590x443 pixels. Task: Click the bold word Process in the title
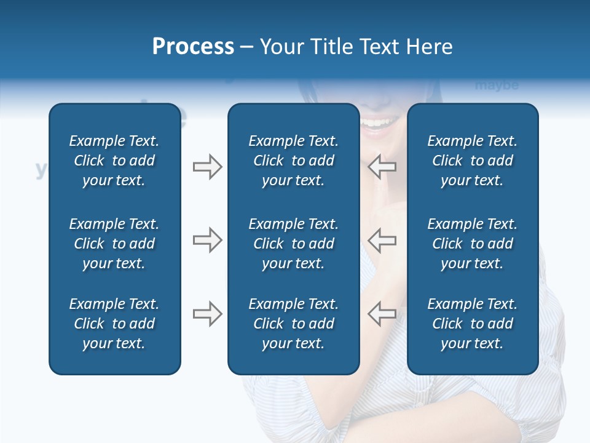tap(193, 47)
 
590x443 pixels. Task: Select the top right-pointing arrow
tap(207, 167)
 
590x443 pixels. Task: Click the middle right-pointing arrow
tap(207, 240)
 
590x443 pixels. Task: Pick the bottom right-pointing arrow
tap(207, 314)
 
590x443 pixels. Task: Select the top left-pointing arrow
tap(382, 167)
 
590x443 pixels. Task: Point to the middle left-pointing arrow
tap(382, 240)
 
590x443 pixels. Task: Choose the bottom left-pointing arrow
tap(382, 314)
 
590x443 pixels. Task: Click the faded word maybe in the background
tap(497, 86)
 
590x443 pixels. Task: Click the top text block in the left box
tap(114, 161)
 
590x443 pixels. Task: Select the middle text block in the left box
tap(114, 244)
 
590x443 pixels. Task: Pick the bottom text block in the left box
tap(114, 324)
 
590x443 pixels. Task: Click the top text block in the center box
tap(293, 161)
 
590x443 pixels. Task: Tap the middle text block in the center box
tap(293, 244)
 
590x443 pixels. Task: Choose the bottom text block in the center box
tap(293, 324)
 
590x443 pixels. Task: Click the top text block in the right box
tap(472, 161)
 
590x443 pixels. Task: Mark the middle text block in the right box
tap(472, 244)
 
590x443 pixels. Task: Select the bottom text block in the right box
tap(472, 324)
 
